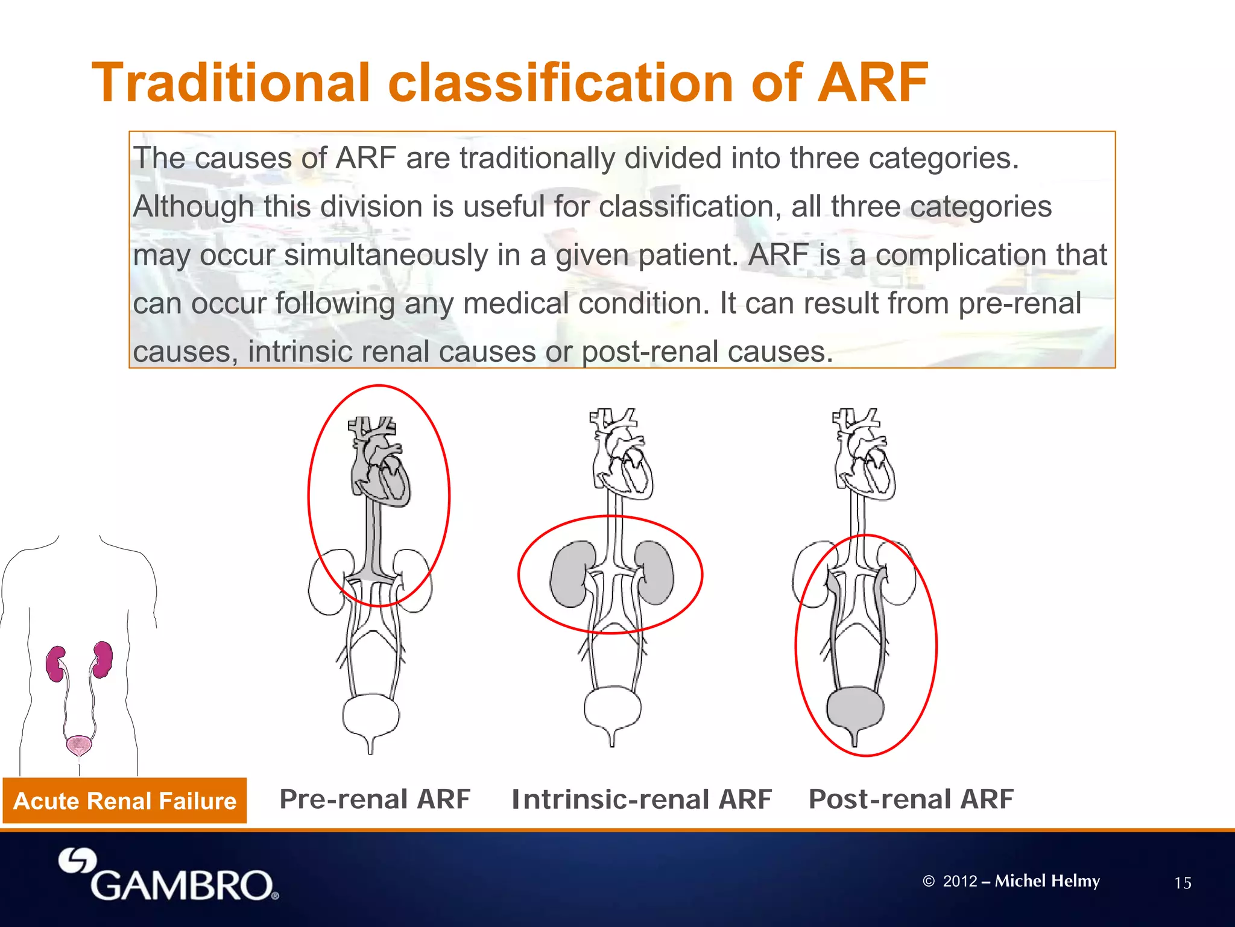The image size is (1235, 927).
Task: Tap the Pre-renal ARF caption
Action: coord(374,799)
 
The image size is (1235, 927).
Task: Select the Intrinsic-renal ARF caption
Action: coord(641,799)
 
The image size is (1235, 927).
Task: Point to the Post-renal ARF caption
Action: coord(911,799)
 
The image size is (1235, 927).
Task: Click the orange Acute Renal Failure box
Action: coord(125,801)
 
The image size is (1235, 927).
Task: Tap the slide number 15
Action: coord(1183,884)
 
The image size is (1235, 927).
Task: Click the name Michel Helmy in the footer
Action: coord(1047,881)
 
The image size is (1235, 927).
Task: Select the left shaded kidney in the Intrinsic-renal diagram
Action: coord(568,574)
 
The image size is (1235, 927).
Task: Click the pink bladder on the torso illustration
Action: coord(78,745)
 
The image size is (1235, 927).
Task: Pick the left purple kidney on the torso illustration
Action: coord(56,663)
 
